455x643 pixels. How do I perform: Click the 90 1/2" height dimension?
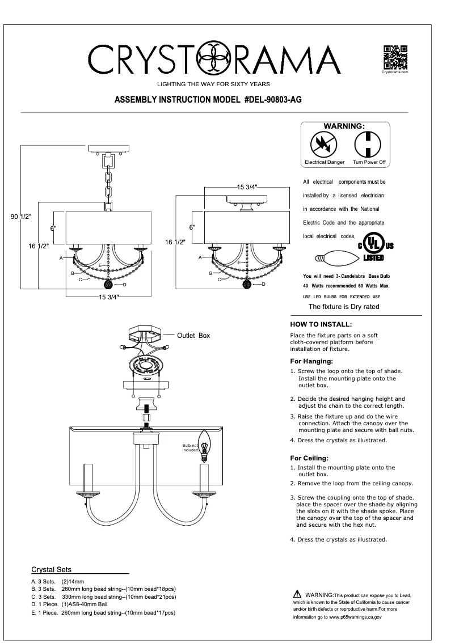pyautogui.click(x=21, y=217)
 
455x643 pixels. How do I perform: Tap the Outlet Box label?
pyautogui.click(x=193, y=336)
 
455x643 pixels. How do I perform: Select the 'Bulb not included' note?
pyautogui.click(x=190, y=450)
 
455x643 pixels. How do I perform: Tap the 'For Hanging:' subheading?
pyautogui.click(x=311, y=361)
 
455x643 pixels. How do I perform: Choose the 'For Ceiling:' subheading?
pyautogui.click(x=309, y=458)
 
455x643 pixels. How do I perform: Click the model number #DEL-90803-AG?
pyautogui.click(x=272, y=99)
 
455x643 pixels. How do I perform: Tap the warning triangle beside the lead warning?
pyautogui.click(x=297, y=594)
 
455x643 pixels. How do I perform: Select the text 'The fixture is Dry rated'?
pyautogui.click(x=344, y=307)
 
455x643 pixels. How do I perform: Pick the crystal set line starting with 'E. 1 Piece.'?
pyautogui.click(x=103, y=613)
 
